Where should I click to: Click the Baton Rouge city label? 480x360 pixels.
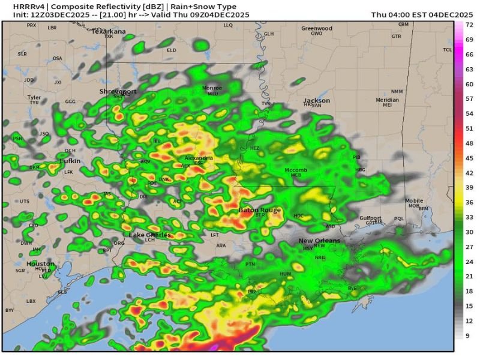(x=260, y=210)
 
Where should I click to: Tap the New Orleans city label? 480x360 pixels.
(x=319, y=241)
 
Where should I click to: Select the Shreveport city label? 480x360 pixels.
(x=118, y=91)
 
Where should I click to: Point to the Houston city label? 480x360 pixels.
(x=41, y=264)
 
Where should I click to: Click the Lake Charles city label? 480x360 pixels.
(x=150, y=234)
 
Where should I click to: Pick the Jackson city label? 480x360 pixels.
(x=316, y=101)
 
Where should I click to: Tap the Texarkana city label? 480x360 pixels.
(x=109, y=31)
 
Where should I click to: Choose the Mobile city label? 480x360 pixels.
(x=413, y=200)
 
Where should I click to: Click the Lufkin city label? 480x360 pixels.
(x=70, y=161)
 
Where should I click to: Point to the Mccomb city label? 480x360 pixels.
(x=296, y=170)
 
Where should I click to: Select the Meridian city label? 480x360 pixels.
(x=387, y=100)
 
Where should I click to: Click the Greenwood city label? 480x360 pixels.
(x=316, y=28)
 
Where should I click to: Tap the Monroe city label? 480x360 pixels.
(x=212, y=88)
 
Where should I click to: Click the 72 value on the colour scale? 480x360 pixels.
(x=469, y=25)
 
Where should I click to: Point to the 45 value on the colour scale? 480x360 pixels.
(x=469, y=158)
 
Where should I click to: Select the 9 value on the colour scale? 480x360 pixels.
(x=468, y=335)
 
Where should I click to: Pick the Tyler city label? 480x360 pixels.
(x=34, y=97)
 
